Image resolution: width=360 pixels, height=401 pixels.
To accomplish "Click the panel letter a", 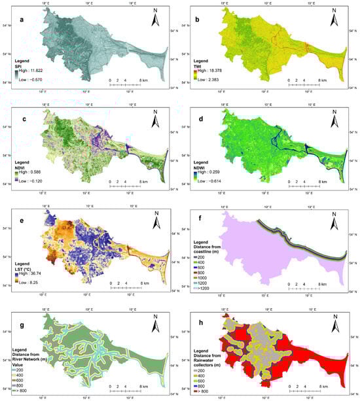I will (22, 20).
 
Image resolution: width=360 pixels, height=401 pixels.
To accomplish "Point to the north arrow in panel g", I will (155, 317).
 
